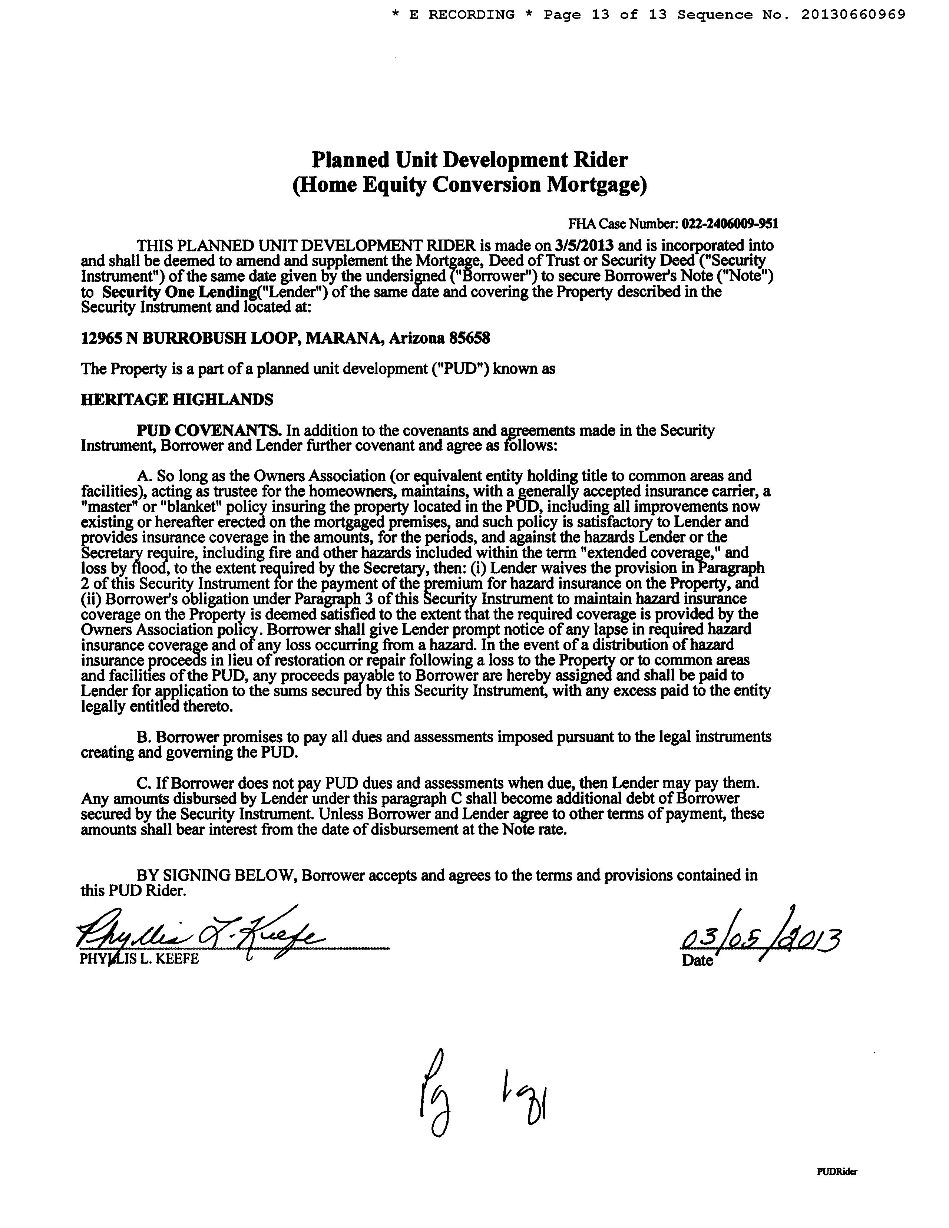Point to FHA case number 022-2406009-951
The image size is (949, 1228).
coord(730,224)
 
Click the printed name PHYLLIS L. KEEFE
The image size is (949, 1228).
coord(139,959)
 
